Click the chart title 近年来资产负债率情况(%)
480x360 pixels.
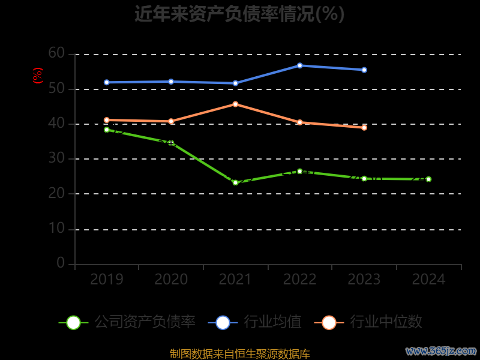(x=239, y=14)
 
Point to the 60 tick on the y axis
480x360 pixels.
(x=56, y=53)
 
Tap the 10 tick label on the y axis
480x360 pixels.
(x=56, y=229)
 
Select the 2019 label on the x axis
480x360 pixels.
(x=107, y=280)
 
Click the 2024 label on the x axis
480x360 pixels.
(x=429, y=280)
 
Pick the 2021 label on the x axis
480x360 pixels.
(x=235, y=280)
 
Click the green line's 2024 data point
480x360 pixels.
(x=428, y=179)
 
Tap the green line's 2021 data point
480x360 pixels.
(x=235, y=182)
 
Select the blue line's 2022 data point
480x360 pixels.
(x=299, y=65)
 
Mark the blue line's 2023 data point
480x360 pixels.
(x=364, y=70)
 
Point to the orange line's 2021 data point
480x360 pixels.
(x=235, y=104)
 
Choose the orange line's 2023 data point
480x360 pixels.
(x=364, y=127)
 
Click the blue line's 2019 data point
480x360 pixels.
(x=107, y=82)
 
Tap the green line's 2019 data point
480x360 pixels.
(x=107, y=130)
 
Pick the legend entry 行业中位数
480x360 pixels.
(x=368, y=322)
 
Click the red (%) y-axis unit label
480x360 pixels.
(x=38, y=76)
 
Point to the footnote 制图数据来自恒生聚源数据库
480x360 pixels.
(x=240, y=354)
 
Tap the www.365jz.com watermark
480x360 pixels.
(x=441, y=350)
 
